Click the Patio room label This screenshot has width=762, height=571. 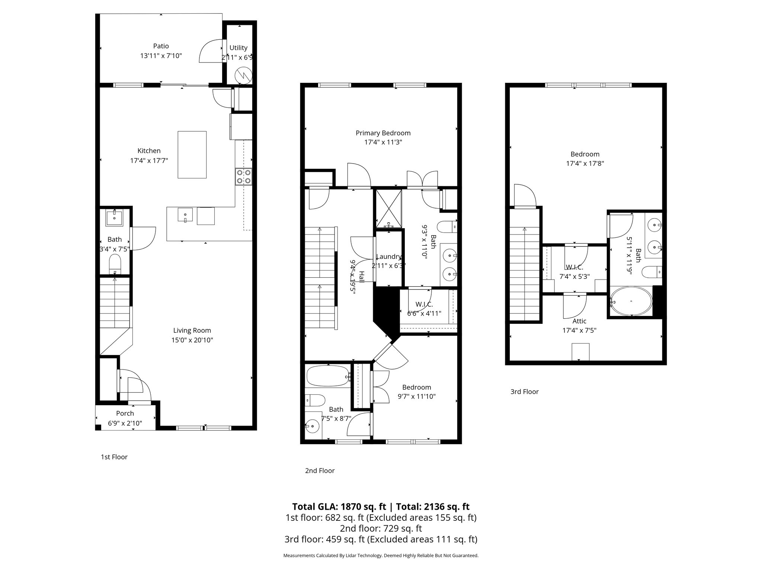pyautogui.click(x=161, y=46)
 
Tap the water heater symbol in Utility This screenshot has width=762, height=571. pyautogui.click(x=243, y=75)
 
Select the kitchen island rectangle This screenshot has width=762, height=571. pyautogui.click(x=192, y=155)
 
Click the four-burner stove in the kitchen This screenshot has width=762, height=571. pyautogui.click(x=243, y=177)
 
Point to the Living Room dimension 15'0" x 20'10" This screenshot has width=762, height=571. pyautogui.click(x=192, y=340)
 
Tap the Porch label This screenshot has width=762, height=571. pyautogui.click(x=125, y=413)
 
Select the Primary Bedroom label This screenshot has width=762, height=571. pyautogui.click(x=383, y=133)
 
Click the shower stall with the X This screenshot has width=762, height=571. pyautogui.click(x=388, y=209)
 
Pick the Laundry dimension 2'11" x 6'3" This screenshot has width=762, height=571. pyautogui.click(x=388, y=266)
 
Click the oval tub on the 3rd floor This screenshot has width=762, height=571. pyautogui.click(x=631, y=301)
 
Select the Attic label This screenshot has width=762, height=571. pyautogui.click(x=579, y=321)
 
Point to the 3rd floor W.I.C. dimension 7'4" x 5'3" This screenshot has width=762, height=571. pyautogui.click(x=574, y=277)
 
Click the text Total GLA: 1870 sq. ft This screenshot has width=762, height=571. pyautogui.click(x=339, y=507)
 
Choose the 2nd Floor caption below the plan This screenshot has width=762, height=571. pyautogui.click(x=320, y=471)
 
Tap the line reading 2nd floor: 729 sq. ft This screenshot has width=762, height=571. pyautogui.click(x=381, y=528)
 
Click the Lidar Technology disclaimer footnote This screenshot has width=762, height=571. pyautogui.click(x=381, y=556)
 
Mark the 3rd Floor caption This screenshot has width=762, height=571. pyautogui.click(x=524, y=391)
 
